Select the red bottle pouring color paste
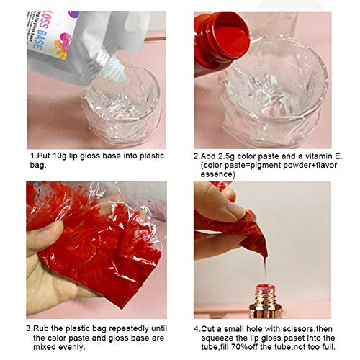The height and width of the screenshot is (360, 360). (219, 40)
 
